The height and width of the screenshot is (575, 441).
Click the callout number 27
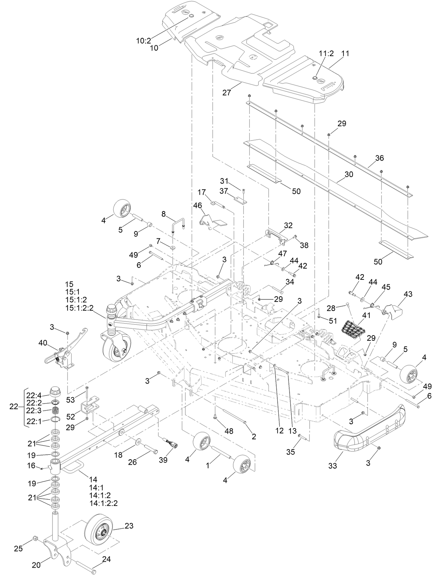tap(227, 93)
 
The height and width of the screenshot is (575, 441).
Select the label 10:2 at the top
tap(143, 41)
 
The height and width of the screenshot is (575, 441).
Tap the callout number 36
tap(379, 158)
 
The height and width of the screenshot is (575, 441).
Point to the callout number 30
tap(348, 174)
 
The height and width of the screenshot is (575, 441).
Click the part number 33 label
tap(332, 466)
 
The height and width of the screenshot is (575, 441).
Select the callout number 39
tap(163, 460)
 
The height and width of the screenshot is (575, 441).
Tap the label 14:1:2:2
tap(103, 503)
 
